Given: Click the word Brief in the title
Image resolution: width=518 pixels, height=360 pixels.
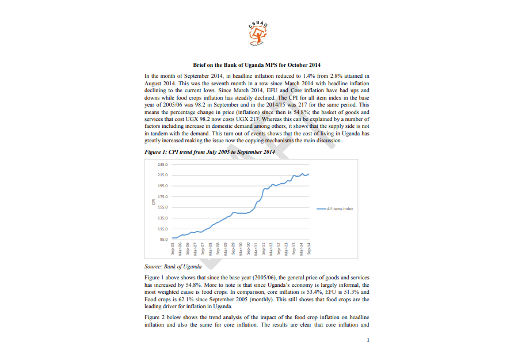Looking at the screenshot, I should [x=199, y=65].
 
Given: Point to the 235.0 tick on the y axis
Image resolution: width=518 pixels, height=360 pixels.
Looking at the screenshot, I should [x=162, y=164].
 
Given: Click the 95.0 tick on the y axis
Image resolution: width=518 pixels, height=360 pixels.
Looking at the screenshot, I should [x=163, y=239].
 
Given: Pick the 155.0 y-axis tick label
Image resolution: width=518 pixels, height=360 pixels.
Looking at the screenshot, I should [x=162, y=207].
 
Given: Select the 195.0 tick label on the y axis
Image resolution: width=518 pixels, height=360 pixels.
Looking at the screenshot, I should [x=162, y=185].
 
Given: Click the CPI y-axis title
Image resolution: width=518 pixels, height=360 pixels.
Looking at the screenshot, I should [x=153, y=202].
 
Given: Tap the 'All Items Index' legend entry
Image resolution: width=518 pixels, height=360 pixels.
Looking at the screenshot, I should [x=340, y=209].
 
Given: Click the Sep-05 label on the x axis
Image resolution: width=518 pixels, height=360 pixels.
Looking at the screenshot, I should [x=173, y=249].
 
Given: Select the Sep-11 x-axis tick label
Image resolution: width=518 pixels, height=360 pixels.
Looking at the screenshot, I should [x=264, y=249].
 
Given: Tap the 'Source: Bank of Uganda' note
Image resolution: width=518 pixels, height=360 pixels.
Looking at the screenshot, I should [x=173, y=267].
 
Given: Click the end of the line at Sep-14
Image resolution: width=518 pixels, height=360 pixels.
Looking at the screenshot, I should [x=309, y=174].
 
